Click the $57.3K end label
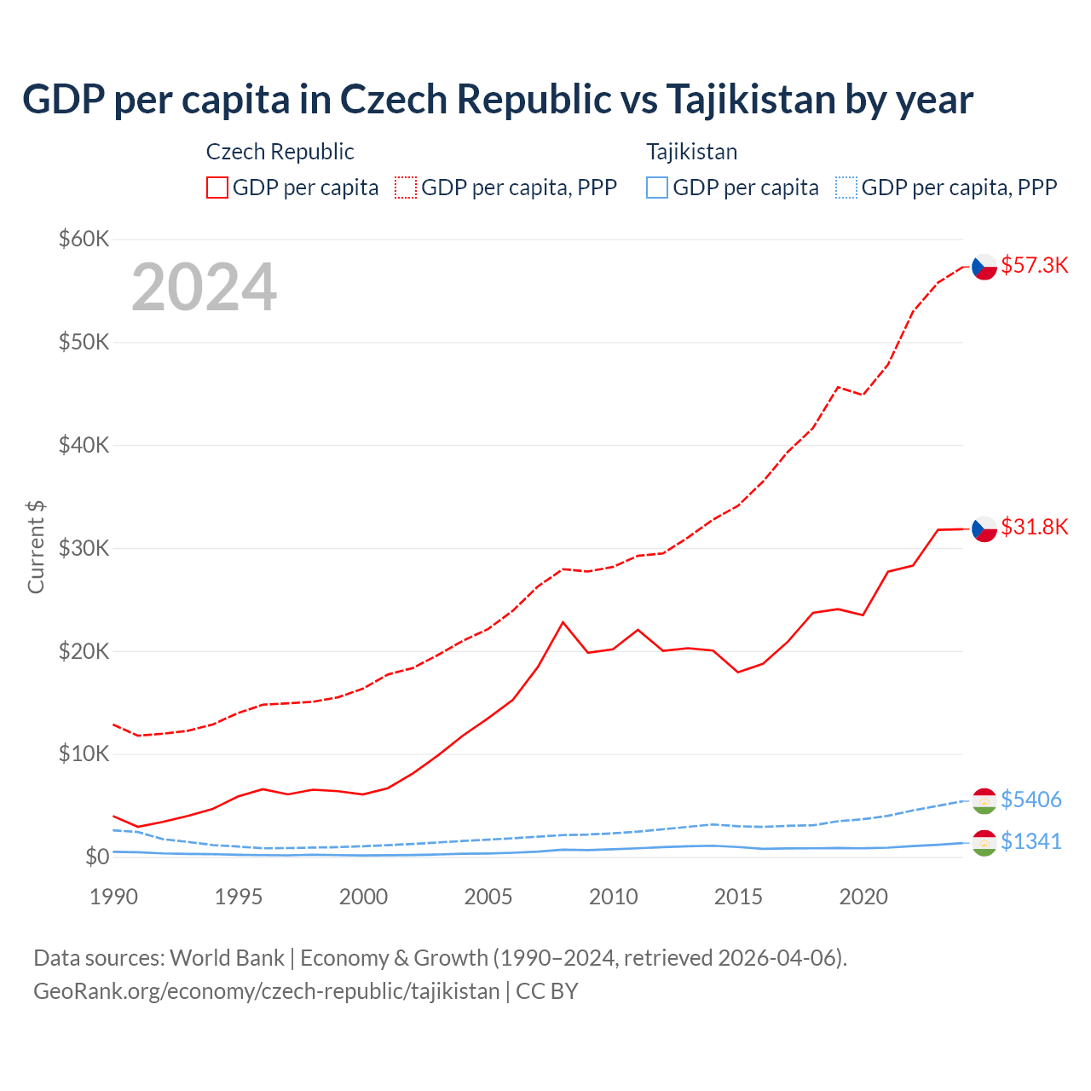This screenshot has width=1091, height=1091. [1034, 265]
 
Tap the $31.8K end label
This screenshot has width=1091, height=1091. [1034, 527]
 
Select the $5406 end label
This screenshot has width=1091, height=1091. [1030, 799]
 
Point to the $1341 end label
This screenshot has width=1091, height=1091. [1030, 841]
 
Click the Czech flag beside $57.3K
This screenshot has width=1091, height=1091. [984, 267]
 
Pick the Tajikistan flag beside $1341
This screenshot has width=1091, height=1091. [984, 843]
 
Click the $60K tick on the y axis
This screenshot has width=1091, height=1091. [84, 239]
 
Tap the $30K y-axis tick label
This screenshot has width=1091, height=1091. [84, 548]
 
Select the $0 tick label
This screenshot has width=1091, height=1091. [97, 857]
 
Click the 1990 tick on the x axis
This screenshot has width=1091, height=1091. [113, 897]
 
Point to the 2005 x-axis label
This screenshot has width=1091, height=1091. [488, 897]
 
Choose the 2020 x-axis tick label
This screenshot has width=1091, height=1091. [863, 897]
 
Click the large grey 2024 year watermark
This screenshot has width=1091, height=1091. [205, 287]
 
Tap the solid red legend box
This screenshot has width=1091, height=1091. [217, 188]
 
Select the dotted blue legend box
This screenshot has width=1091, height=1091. [846, 188]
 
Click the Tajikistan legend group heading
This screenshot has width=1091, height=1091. [691, 152]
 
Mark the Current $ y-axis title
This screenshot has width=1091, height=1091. [36, 547]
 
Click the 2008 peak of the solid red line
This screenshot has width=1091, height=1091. [563, 622]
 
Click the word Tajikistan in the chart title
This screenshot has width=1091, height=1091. [750, 100]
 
